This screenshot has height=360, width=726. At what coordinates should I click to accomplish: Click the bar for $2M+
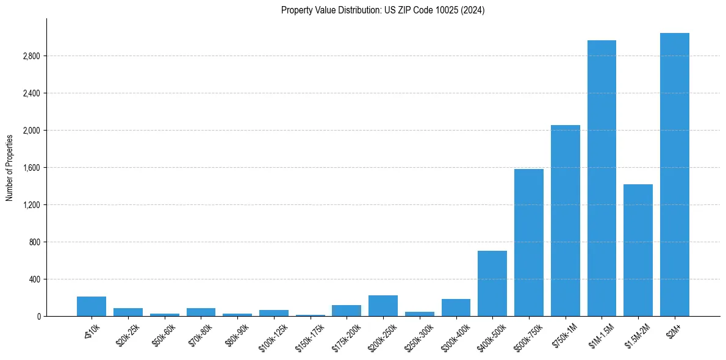coord(674,175)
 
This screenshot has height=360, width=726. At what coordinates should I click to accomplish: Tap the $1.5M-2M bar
coord(638,250)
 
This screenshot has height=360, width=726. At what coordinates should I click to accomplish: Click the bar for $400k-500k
coord(492,283)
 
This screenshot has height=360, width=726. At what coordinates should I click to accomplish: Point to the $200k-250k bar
coord(383,306)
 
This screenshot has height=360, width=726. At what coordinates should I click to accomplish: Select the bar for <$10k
coord(92,306)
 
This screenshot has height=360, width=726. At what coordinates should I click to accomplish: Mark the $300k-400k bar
coord(456,308)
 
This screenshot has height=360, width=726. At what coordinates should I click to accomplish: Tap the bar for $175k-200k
coord(346,311)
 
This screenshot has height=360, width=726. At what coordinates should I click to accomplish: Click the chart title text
coord(383,10)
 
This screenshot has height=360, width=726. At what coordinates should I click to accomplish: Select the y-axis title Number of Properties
coord(10,167)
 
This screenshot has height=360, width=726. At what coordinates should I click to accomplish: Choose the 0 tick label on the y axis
coord(38,317)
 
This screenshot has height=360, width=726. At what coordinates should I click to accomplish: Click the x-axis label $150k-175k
coord(310,333)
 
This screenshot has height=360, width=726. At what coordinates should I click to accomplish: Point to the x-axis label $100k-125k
coord(273,333)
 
